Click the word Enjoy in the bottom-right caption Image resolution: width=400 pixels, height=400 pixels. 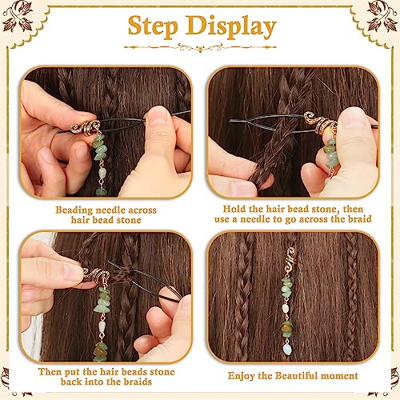tap(243, 375)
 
